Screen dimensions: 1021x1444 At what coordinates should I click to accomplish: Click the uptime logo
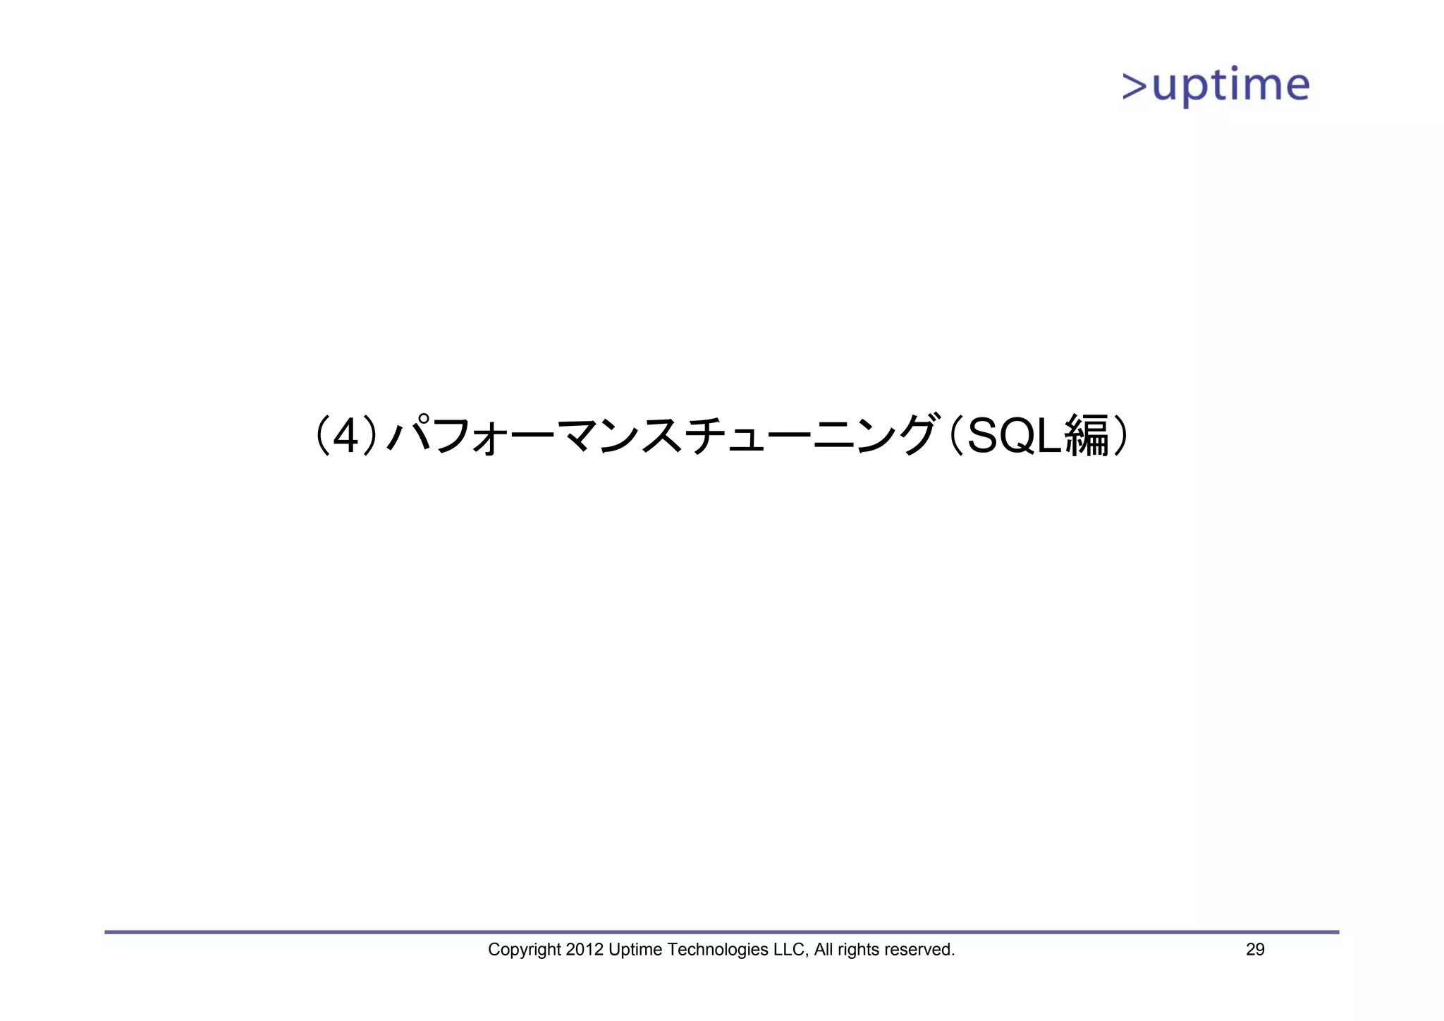(x=1216, y=86)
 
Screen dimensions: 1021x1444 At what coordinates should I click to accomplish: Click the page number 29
(x=1255, y=950)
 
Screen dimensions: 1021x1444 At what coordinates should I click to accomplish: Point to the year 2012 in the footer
(x=585, y=950)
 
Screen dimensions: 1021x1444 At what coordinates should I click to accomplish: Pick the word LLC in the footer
(x=790, y=950)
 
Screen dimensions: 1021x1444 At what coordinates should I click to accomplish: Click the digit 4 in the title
(x=345, y=436)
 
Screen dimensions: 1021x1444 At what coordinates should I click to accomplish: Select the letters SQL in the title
(x=1013, y=436)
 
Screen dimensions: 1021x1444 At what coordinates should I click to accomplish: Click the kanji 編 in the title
(x=1087, y=436)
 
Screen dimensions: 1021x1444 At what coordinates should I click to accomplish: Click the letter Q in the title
(x=1015, y=436)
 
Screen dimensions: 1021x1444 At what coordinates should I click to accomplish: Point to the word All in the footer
(x=824, y=950)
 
